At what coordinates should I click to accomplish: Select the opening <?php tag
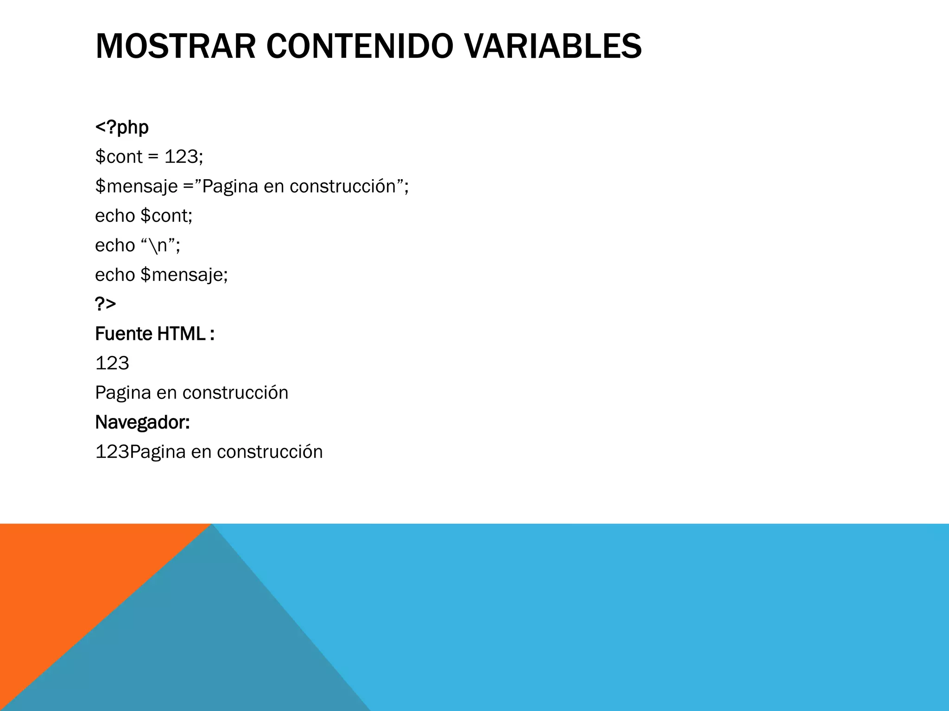coord(122,127)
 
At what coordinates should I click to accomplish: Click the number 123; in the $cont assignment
coord(184,157)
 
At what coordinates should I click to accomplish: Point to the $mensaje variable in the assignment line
coord(136,187)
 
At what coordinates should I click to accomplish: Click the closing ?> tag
coord(105,304)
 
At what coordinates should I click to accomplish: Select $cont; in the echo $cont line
coord(166,216)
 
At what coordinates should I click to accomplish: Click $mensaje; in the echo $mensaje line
coord(184,275)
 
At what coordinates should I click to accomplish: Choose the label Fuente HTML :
coord(154,334)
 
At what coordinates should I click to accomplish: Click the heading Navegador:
coord(142,422)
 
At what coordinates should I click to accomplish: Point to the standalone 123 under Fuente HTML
coord(112,363)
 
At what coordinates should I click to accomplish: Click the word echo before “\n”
coord(114,245)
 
